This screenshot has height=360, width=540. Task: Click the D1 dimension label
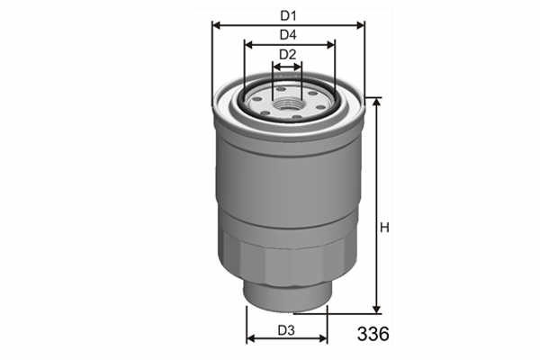(x=288, y=15)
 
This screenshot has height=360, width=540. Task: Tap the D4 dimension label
(x=288, y=35)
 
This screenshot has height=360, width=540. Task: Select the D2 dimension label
(x=287, y=54)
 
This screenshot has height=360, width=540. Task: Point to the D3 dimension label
(x=286, y=330)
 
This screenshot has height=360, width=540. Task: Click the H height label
(x=384, y=228)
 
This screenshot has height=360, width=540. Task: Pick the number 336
(x=373, y=334)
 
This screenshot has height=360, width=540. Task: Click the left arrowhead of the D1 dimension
(x=217, y=25)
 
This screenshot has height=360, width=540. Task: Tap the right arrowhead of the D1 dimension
(x=360, y=25)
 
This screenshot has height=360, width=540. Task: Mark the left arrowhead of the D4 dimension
(x=248, y=45)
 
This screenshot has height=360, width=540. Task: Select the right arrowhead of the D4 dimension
(x=330, y=45)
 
